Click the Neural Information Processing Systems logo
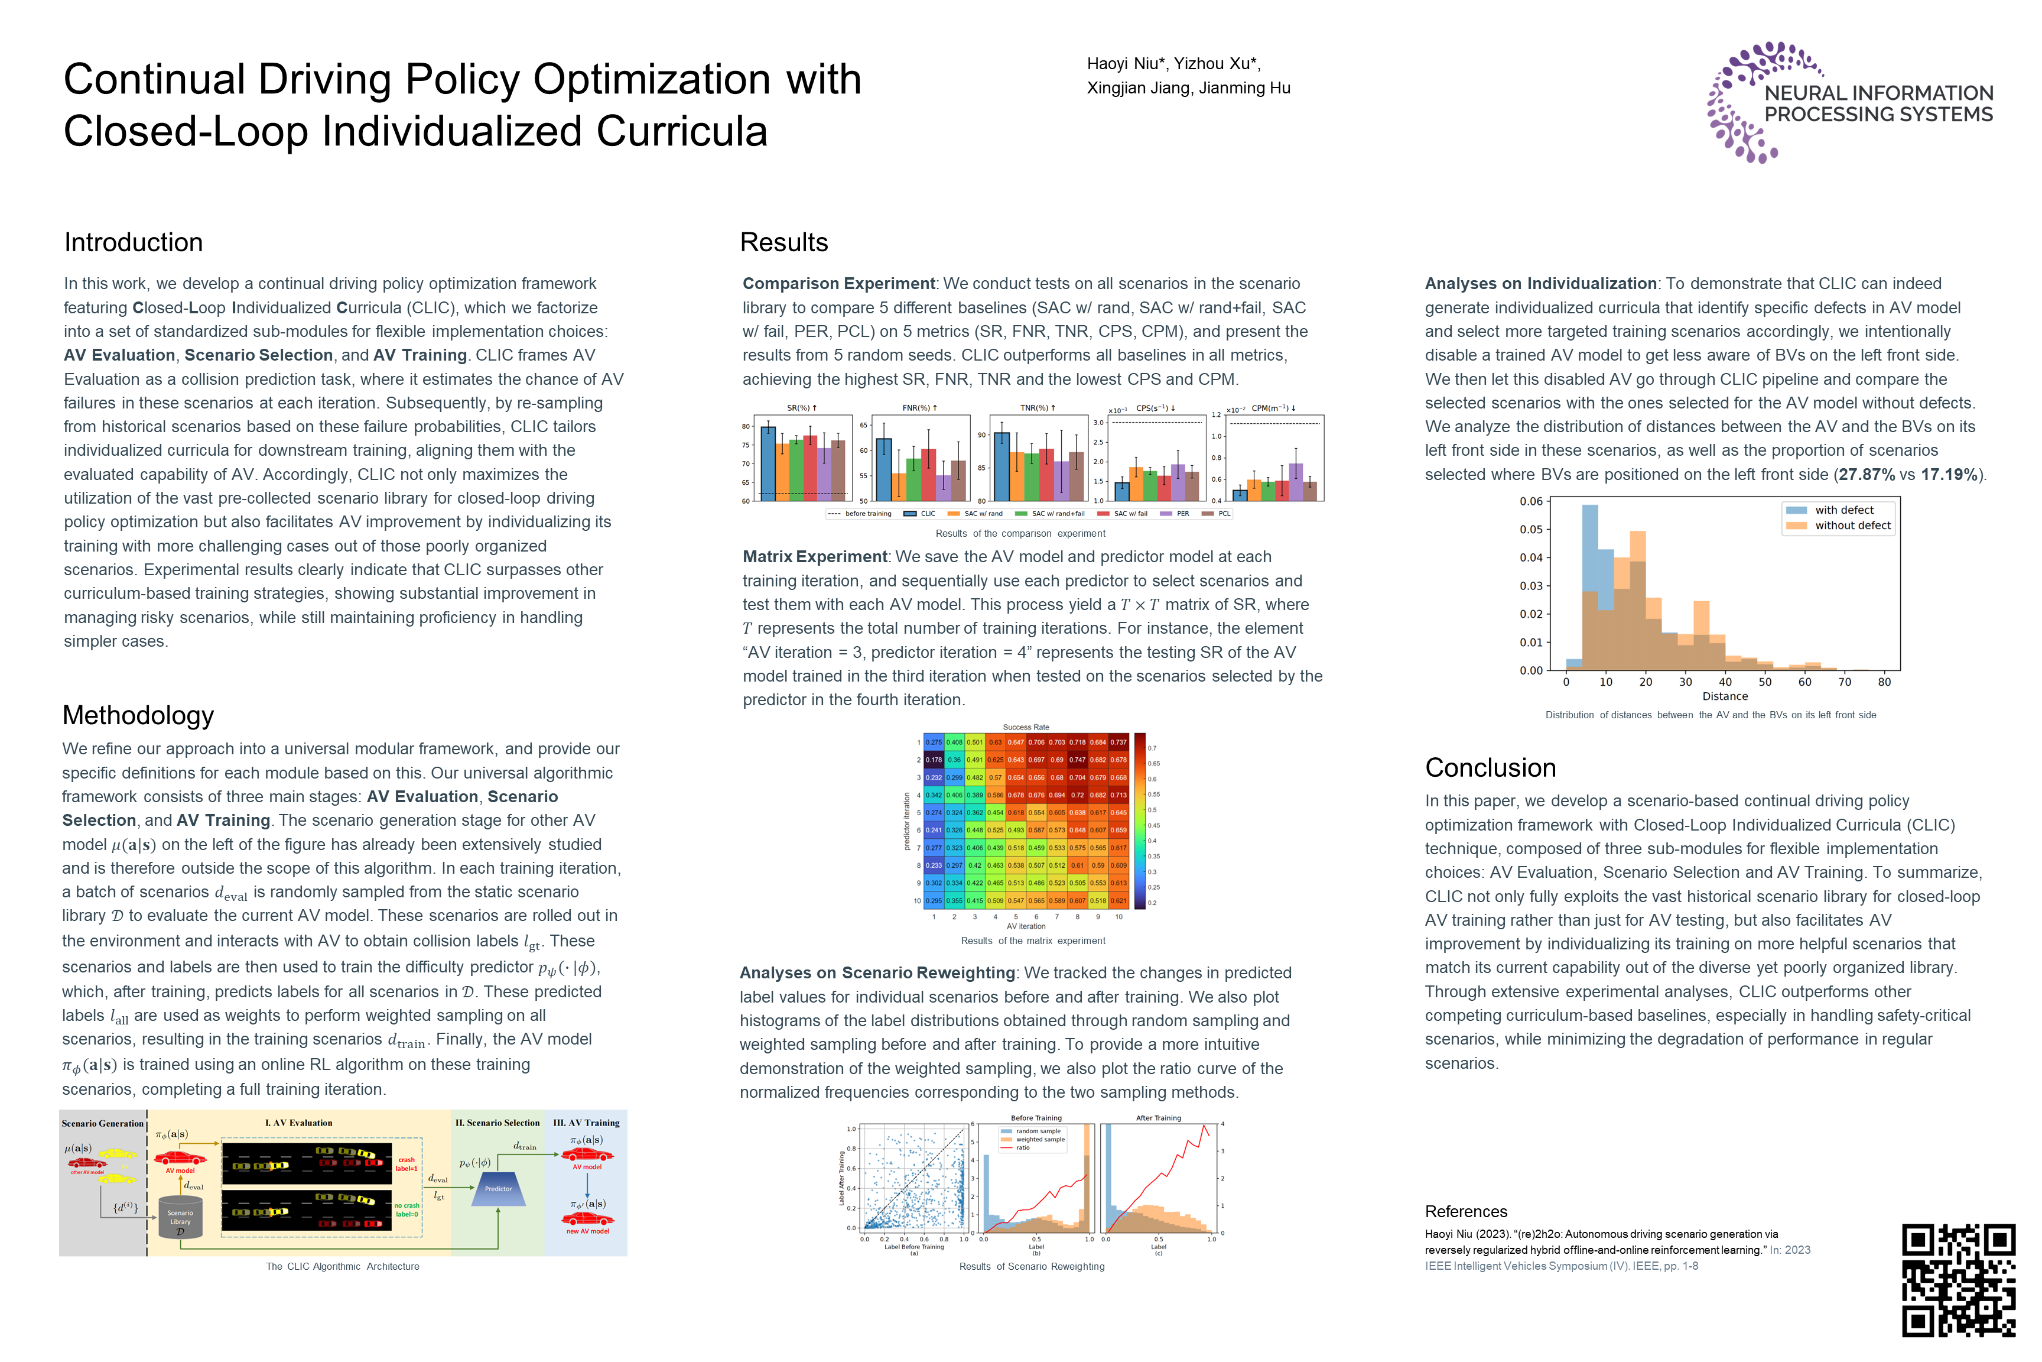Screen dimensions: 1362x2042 click(1849, 102)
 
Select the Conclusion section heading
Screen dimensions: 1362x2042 click(1490, 768)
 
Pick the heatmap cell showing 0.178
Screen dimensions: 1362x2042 click(934, 760)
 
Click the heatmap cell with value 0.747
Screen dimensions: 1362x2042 click(1078, 760)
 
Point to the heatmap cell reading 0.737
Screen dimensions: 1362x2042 click(1118, 742)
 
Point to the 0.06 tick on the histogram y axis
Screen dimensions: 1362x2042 click(1531, 501)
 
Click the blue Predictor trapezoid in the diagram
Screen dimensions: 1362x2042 click(498, 1189)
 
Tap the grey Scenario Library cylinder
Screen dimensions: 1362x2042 click(181, 1216)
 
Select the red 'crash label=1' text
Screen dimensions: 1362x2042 click(407, 1164)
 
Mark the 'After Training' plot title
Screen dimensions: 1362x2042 click(1158, 1118)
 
